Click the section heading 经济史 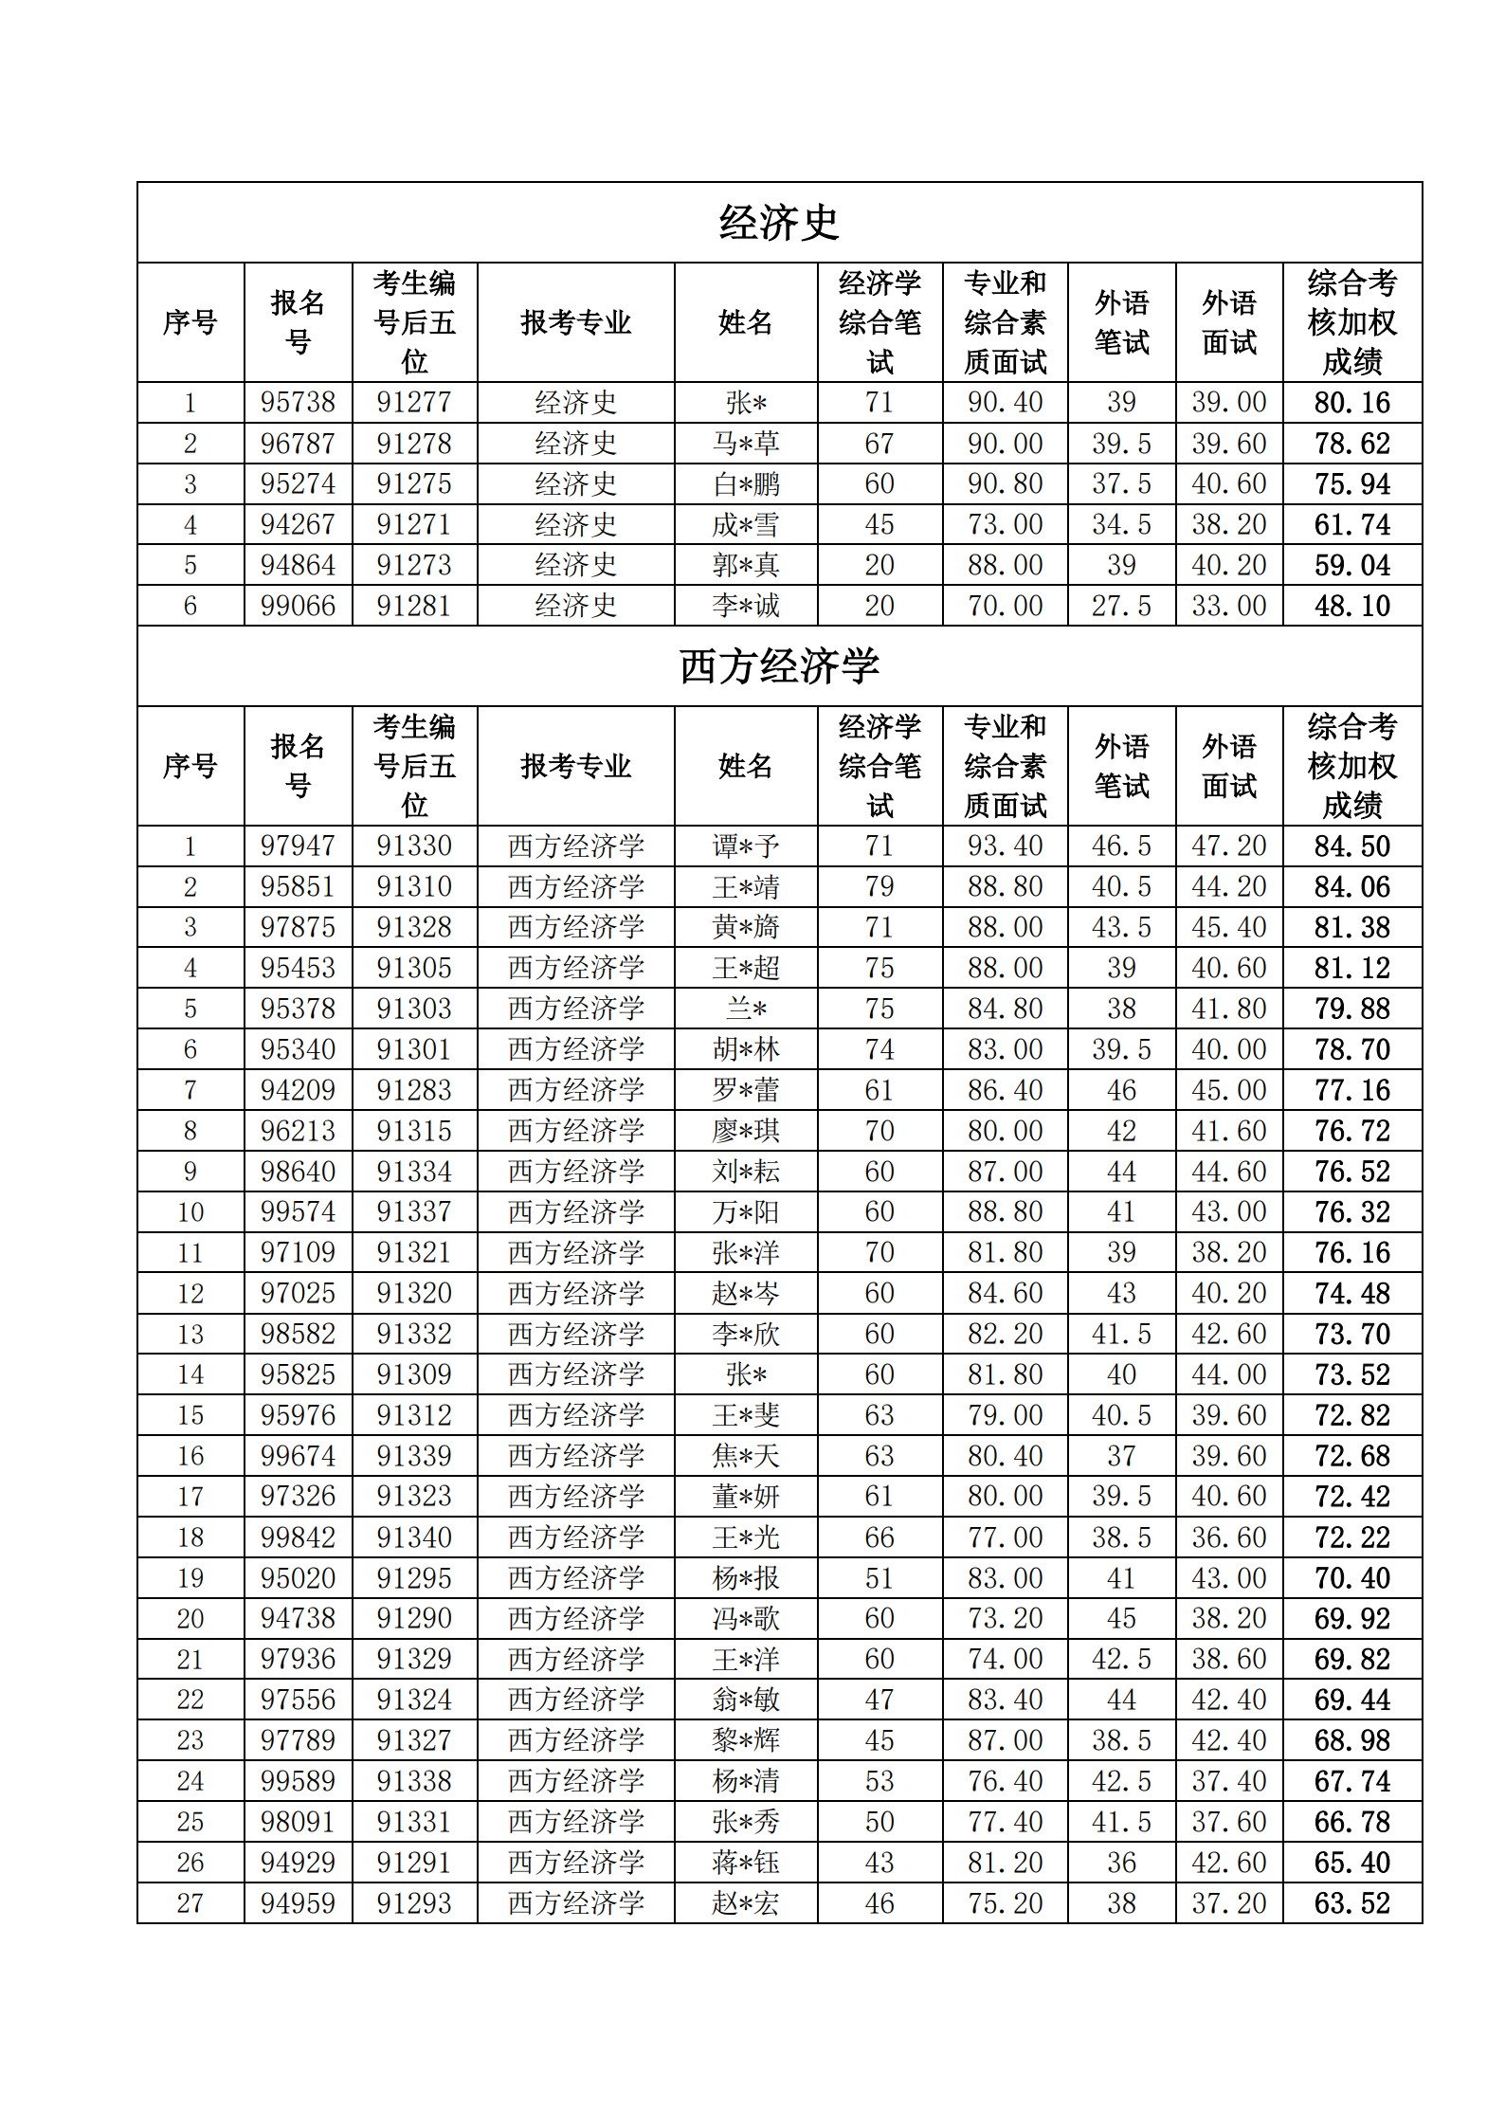point(779,223)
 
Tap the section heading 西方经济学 point(779,666)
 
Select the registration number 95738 point(298,402)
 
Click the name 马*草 point(746,443)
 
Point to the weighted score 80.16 point(1351,402)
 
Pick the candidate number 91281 point(414,606)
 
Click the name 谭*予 point(746,846)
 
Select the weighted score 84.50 point(1351,846)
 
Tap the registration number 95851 point(298,886)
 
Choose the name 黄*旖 point(746,927)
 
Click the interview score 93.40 point(1005,846)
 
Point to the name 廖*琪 point(746,1131)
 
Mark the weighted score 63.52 point(1351,1903)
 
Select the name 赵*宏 point(746,1903)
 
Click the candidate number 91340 point(414,1537)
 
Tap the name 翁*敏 point(746,1700)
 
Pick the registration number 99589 point(298,1781)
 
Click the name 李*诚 point(746,606)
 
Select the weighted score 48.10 point(1351,606)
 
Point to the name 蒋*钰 point(746,1863)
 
